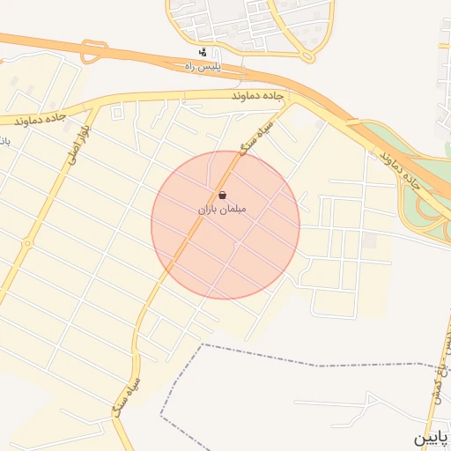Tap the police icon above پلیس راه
(x=204, y=52)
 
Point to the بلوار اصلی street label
(x=68, y=144)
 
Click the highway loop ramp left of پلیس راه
(x=94, y=51)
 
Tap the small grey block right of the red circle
(x=370, y=240)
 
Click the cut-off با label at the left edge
(x=4, y=141)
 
